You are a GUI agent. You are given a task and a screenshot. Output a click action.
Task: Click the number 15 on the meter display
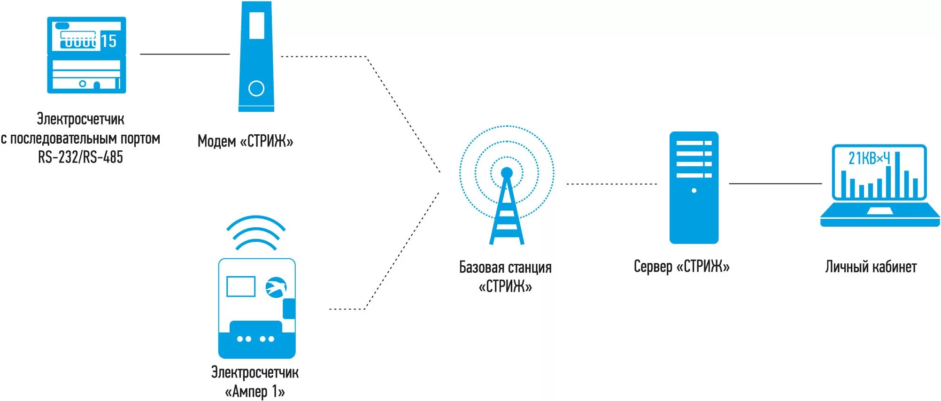tap(108, 41)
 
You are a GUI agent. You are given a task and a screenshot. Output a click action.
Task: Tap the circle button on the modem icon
tap(256, 88)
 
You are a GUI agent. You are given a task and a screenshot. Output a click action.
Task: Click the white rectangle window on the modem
tap(256, 25)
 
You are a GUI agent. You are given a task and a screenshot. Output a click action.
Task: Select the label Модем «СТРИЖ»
tap(245, 141)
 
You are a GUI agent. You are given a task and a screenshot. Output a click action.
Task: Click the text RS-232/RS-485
tap(80, 157)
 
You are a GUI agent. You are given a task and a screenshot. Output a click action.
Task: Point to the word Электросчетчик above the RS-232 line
tap(80, 119)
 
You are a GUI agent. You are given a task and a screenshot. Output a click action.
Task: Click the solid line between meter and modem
tap(185, 54)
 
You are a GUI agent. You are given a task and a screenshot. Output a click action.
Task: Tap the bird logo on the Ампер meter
tap(276, 287)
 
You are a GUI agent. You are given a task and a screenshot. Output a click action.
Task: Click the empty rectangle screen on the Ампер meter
tap(240, 286)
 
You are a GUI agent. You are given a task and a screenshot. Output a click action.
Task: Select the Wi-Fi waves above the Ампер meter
tap(256, 232)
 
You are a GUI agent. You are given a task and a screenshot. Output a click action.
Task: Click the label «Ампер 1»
tap(255, 391)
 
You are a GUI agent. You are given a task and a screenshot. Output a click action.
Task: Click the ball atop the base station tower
tap(507, 173)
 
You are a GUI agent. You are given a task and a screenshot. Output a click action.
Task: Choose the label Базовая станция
tap(505, 268)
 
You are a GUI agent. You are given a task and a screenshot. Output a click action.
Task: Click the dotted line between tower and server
tap(611, 184)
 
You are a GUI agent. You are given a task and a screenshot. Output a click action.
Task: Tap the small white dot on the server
tap(694, 191)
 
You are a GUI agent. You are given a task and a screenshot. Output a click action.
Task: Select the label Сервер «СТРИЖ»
tap(681, 267)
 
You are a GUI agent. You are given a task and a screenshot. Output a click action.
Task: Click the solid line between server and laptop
tap(775, 184)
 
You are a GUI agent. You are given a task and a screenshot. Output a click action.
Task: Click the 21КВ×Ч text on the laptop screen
tap(869, 159)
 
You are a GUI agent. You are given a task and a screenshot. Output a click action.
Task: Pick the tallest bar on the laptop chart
tap(897, 174)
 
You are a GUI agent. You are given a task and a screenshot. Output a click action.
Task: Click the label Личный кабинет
tap(871, 267)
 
